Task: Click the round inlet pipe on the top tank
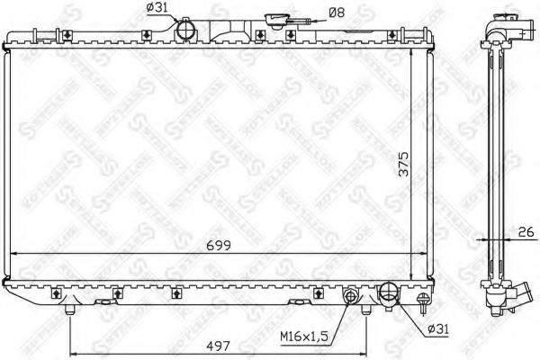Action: click(x=187, y=30)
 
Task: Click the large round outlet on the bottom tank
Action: click(x=390, y=292)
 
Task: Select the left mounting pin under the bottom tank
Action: click(x=70, y=310)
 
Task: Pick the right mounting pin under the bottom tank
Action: click(x=365, y=310)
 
